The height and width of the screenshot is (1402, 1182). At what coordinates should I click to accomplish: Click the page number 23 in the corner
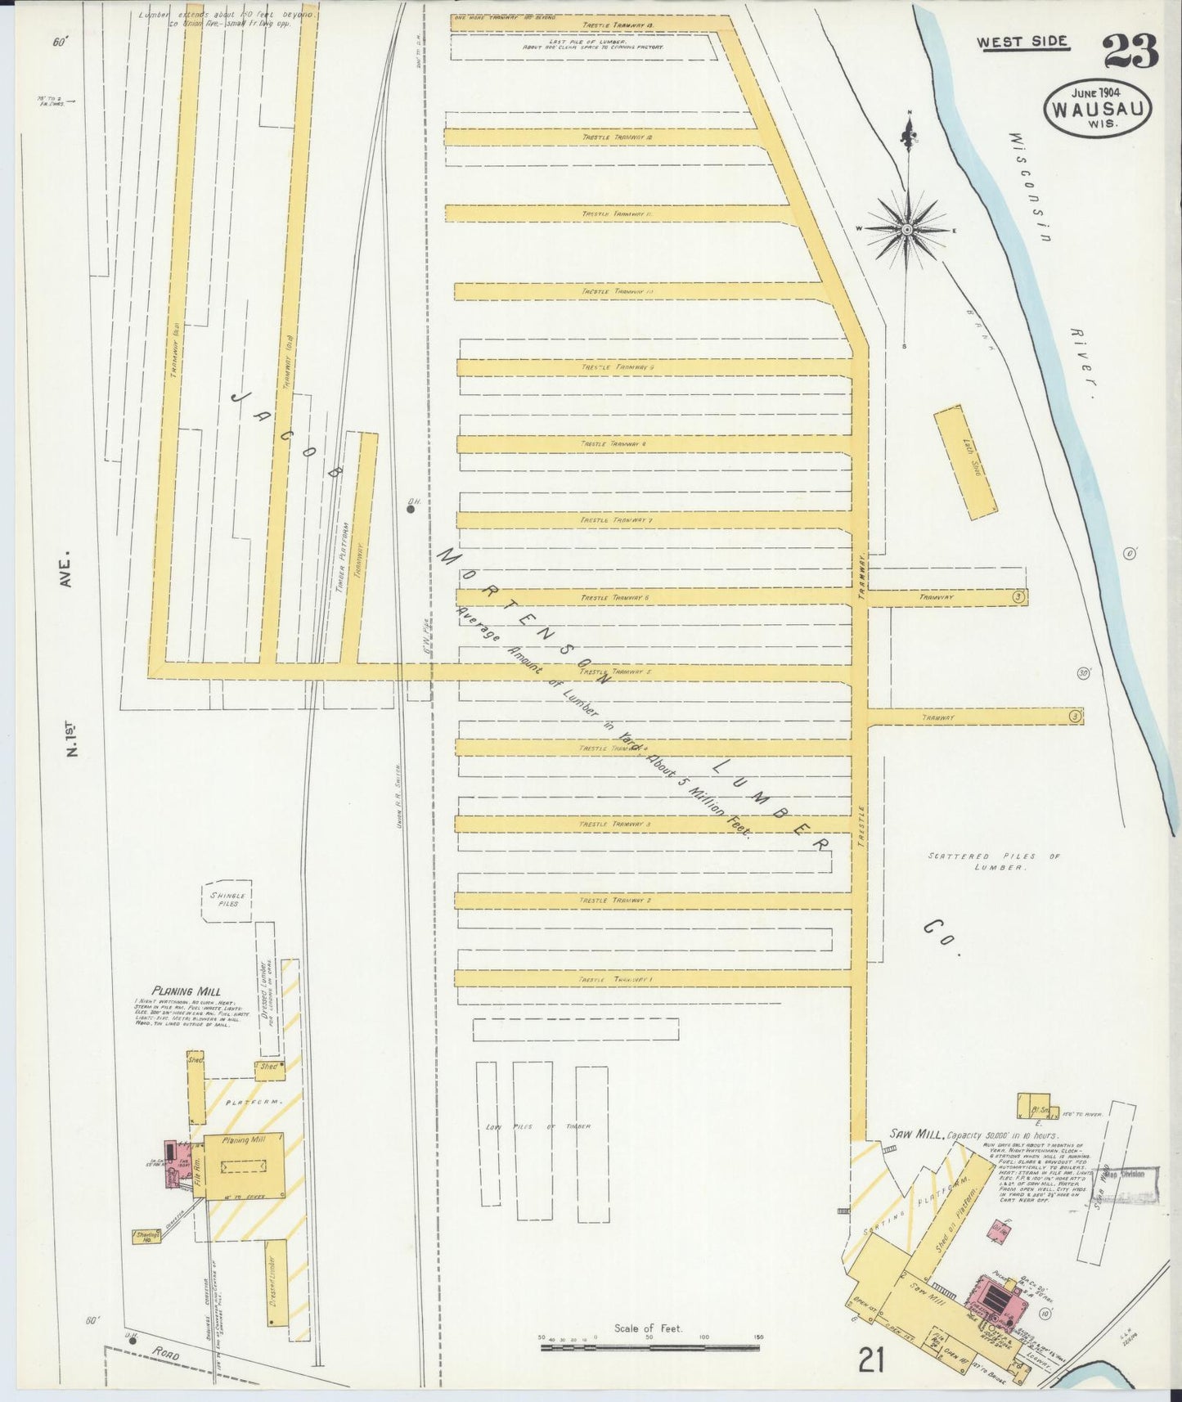coord(1130,51)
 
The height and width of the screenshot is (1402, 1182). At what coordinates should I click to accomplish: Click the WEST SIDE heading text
coord(1022,41)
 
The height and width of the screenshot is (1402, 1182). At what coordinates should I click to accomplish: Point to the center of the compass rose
coord(906,231)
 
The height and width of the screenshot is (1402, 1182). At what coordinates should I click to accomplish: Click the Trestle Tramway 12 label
coord(615,137)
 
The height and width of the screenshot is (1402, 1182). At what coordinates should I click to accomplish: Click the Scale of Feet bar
coord(649,1346)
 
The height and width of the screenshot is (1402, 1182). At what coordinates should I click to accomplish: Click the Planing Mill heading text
coord(187,991)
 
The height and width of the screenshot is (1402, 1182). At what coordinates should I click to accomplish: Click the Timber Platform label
coord(344,556)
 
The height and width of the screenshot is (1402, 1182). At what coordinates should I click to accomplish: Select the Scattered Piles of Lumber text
coord(992,861)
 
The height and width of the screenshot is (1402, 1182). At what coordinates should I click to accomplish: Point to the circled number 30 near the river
coord(1084,673)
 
